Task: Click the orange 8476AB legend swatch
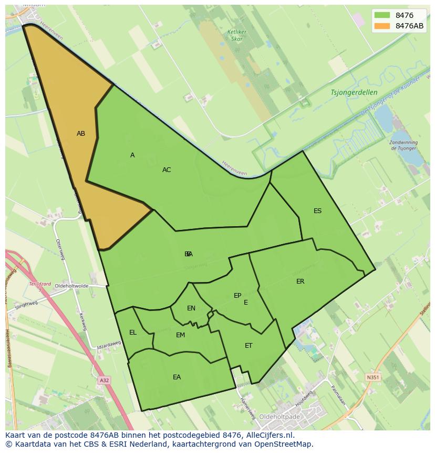[382, 26]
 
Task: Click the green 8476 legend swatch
[382, 15]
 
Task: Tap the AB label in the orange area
[81, 134]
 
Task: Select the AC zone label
[167, 170]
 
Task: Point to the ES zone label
[317, 211]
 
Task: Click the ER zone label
[300, 281]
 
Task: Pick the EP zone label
[237, 296]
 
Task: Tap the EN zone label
[191, 308]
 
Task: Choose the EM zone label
[180, 335]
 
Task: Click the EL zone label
[133, 333]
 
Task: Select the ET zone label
[248, 346]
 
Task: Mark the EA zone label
[177, 377]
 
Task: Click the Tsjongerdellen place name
[354, 93]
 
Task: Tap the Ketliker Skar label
[237, 35]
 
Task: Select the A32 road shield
[104, 380]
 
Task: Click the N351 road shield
[372, 377]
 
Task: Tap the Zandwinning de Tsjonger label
[404, 145]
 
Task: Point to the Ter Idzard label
[40, 285]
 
